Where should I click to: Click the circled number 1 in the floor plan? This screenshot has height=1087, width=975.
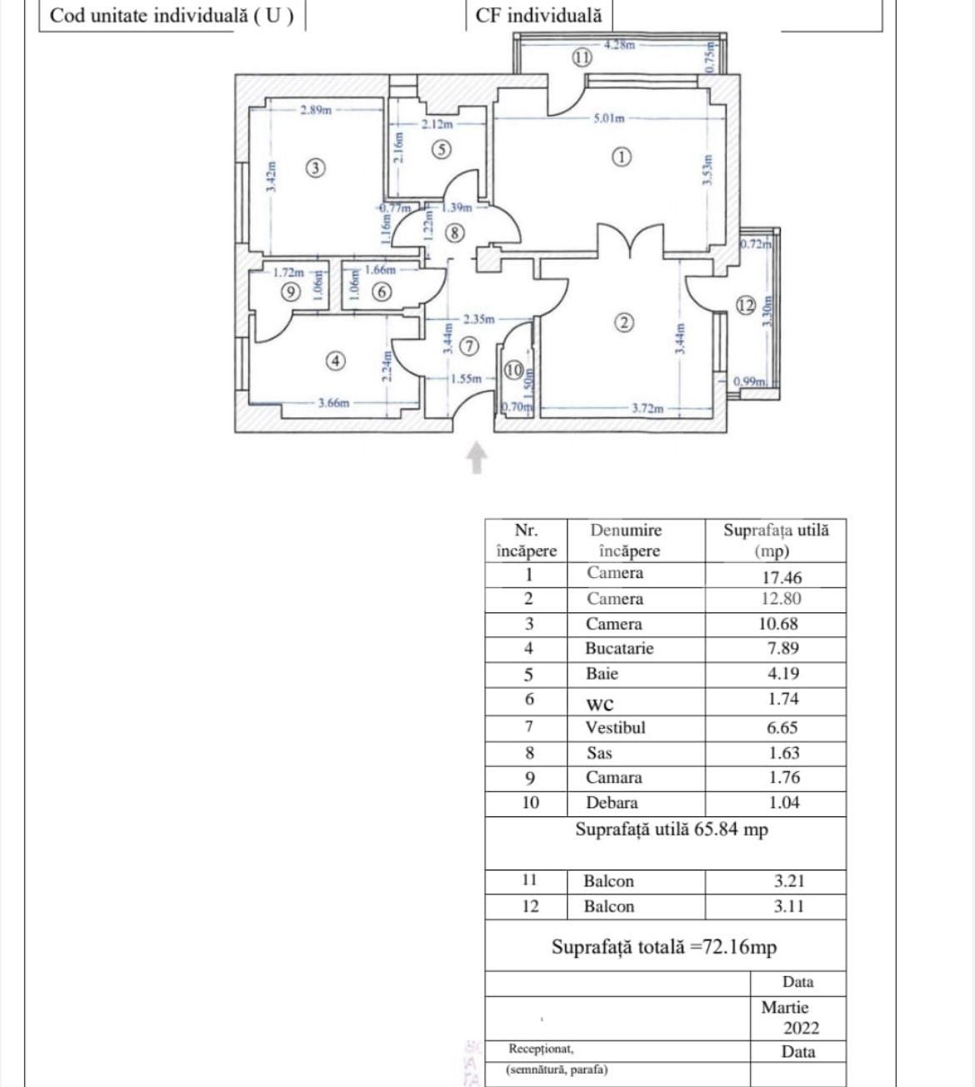[622, 156]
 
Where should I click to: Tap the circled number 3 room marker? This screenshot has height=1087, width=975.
[314, 168]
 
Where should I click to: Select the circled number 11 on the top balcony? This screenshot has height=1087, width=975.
[582, 57]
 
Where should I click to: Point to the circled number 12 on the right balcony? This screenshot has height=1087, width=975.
[745, 305]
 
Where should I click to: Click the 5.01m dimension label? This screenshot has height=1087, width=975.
[608, 118]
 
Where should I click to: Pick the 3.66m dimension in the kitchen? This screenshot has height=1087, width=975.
[333, 403]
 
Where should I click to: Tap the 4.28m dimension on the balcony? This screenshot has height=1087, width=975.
[619, 45]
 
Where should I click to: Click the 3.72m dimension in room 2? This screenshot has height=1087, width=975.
[647, 408]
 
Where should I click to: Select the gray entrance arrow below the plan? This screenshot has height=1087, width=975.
[476, 458]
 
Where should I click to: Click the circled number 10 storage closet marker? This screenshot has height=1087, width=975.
[513, 370]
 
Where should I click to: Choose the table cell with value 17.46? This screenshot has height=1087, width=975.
[776, 576]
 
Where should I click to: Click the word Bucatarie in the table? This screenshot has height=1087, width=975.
[619, 648]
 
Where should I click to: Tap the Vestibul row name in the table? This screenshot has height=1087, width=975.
[615, 727]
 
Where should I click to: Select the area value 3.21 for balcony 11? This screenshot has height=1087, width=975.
[788, 881]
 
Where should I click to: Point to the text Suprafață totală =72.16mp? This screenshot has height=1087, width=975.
[664, 947]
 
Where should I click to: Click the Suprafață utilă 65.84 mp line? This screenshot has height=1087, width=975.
[671, 830]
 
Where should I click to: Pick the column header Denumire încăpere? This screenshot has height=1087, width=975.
[626, 541]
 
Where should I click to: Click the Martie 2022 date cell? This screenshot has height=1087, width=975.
[789, 1017]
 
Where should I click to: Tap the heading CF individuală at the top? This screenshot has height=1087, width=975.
[538, 15]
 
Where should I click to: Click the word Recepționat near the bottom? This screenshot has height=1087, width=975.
[541, 1049]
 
